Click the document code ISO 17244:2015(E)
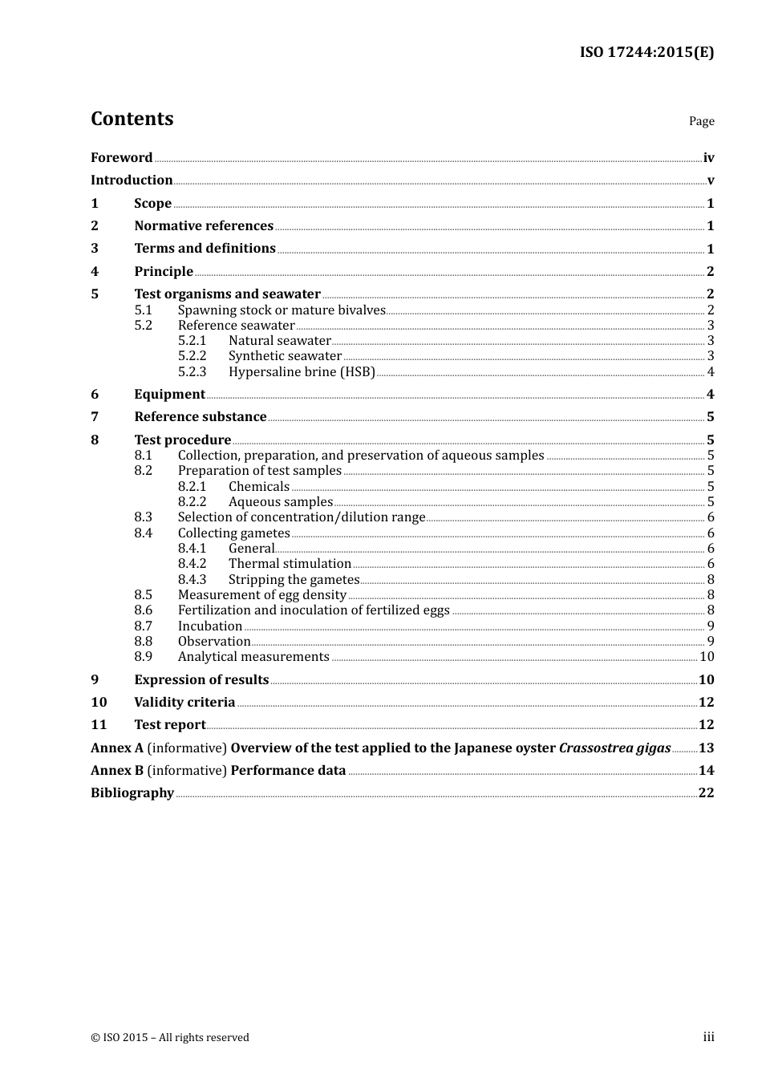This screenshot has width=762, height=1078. pyautogui.click(x=646, y=52)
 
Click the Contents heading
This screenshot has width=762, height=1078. pyautogui.click(x=132, y=119)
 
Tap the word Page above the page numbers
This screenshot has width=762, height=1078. pyautogui.click(x=701, y=121)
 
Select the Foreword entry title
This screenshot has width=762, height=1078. pyautogui.click(x=121, y=158)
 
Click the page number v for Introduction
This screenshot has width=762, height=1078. pyautogui.click(x=710, y=180)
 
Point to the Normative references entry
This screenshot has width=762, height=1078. pyautogui.click(x=204, y=226)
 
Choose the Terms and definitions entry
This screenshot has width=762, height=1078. pyautogui.click(x=205, y=249)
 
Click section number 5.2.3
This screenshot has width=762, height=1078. pyautogui.click(x=192, y=371)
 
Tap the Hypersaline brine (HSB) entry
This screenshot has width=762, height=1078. pyautogui.click(x=302, y=371)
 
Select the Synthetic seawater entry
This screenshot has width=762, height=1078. pyautogui.click(x=285, y=356)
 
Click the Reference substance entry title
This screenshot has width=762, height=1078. pyautogui.click(x=200, y=417)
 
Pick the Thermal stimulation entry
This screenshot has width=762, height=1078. pyautogui.click(x=290, y=564)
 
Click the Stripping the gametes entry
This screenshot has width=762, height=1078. pyautogui.click(x=294, y=579)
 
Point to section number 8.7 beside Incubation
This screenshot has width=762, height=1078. pyautogui.click(x=143, y=626)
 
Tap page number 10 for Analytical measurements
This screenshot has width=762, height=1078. pyautogui.click(x=707, y=657)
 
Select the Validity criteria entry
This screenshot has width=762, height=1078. pyautogui.click(x=184, y=703)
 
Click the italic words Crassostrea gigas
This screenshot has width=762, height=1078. pyautogui.click(x=614, y=748)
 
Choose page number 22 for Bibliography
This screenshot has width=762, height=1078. pyautogui.click(x=706, y=793)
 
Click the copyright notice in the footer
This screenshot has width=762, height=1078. pyautogui.click(x=170, y=1037)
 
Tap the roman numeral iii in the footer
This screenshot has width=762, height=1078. pyautogui.click(x=708, y=1037)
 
